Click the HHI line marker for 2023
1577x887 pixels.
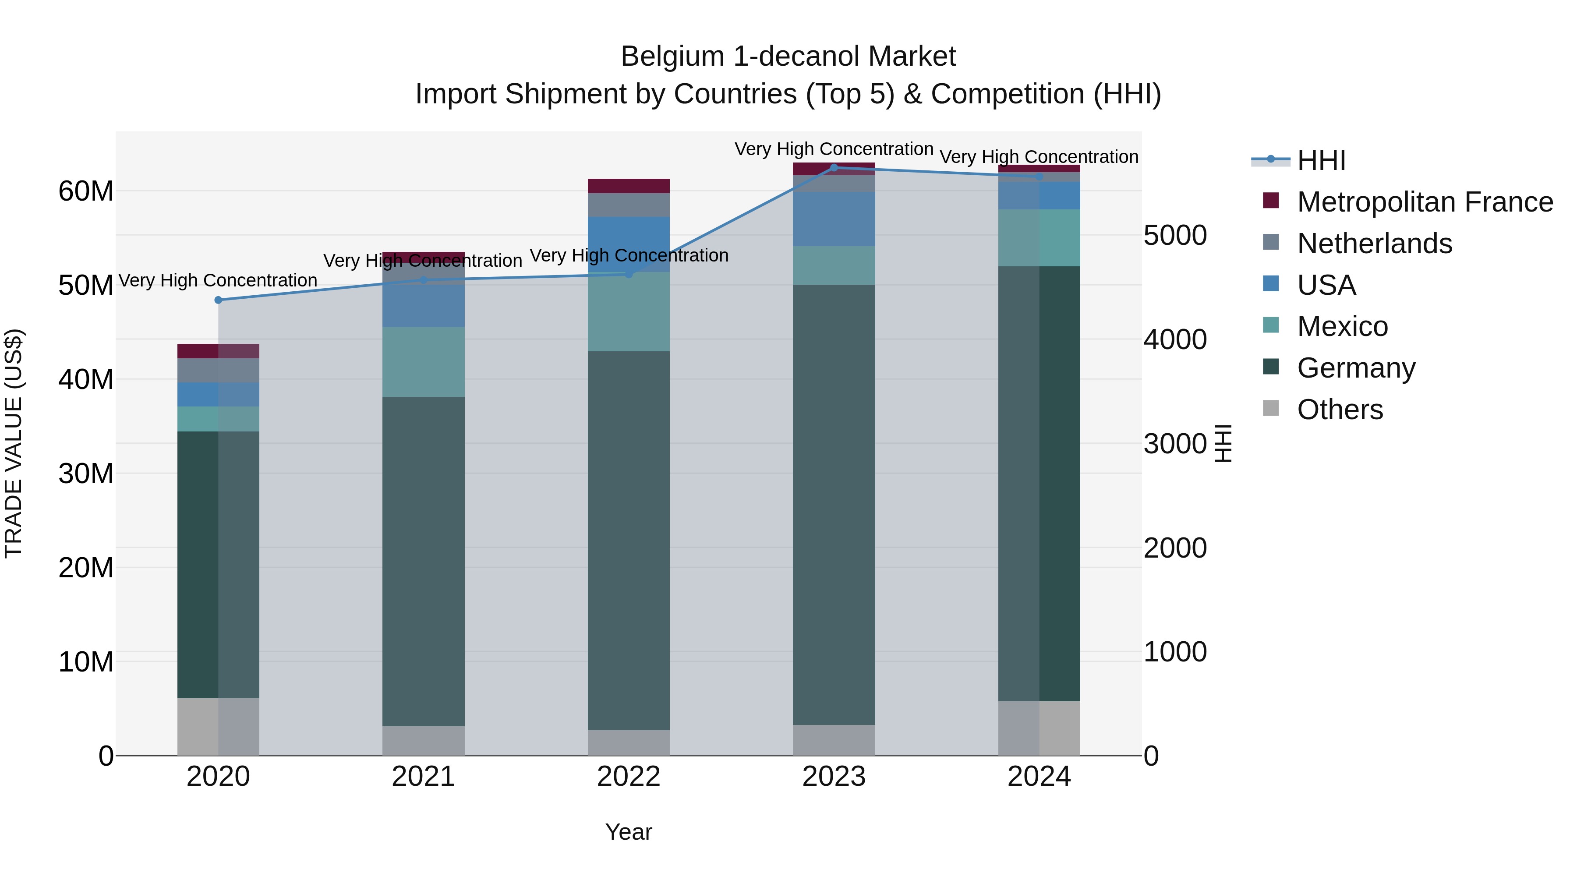[833, 168]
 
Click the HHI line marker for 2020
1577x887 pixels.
[219, 300]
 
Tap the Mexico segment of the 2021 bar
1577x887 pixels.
[423, 362]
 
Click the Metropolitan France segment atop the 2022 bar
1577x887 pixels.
[628, 186]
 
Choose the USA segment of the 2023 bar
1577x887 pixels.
[833, 219]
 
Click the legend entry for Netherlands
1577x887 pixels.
[1374, 244]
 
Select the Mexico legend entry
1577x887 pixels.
[1342, 326]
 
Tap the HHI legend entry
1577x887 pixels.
[1321, 160]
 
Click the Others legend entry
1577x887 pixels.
[1340, 410]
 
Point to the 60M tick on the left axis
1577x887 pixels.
[86, 191]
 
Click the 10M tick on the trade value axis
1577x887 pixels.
[86, 662]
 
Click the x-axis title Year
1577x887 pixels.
[628, 832]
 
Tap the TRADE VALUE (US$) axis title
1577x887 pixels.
[14, 443]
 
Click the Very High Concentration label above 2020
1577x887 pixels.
[218, 280]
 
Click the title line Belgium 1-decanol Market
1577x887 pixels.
[788, 57]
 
